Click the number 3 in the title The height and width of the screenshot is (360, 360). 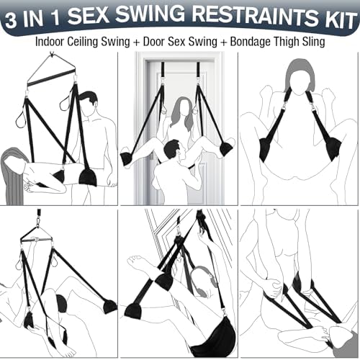(11, 20)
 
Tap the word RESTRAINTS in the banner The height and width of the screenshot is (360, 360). (255, 17)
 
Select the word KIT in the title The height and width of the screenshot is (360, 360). (340, 20)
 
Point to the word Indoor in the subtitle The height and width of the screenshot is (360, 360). (50, 42)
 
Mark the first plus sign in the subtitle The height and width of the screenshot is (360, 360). (136, 42)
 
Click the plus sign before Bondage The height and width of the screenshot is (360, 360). (224, 42)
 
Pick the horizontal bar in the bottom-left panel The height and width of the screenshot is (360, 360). (37, 239)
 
